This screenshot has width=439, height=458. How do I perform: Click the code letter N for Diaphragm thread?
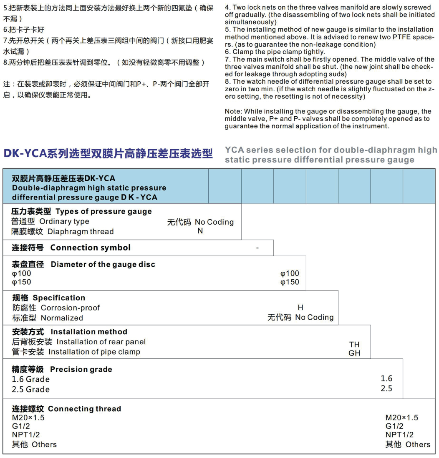click(x=200, y=231)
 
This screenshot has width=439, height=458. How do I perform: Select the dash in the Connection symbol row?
click(x=257, y=248)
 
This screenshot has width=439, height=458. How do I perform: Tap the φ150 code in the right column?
click(x=290, y=283)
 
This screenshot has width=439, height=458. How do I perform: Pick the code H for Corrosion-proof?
click(x=300, y=308)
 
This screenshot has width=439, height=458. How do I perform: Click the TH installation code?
click(x=354, y=344)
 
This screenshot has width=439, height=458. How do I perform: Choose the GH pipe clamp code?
click(x=354, y=353)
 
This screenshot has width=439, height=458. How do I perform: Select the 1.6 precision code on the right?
click(x=386, y=378)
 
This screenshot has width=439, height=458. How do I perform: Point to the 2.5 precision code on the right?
click(x=386, y=388)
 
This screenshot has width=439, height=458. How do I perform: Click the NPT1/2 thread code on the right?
click(x=399, y=435)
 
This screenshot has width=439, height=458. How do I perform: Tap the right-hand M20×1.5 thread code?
click(x=401, y=418)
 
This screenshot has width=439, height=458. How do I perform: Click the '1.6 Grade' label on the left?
click(x=31, y=379)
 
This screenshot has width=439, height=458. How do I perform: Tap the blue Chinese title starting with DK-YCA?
click(x=108, y=153)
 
